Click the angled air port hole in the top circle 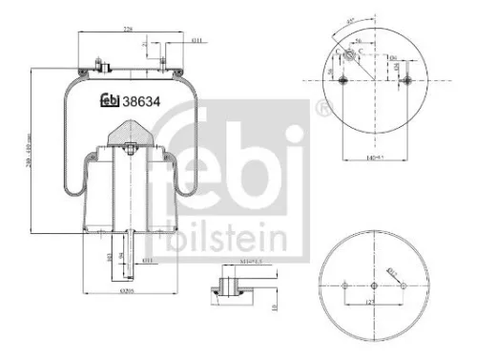[x=356, y=56]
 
